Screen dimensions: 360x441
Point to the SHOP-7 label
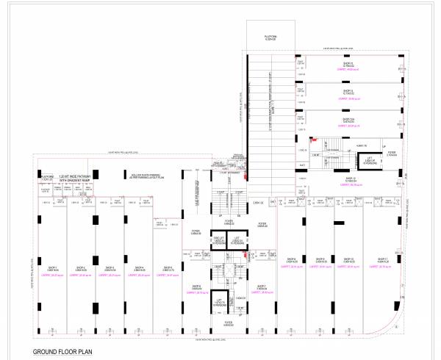point(261,287)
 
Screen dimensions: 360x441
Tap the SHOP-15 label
point(348,63)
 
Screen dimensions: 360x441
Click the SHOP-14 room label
point(348,91)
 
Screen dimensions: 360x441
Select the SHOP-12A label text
point(348,118)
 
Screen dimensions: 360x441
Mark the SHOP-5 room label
point(168,267)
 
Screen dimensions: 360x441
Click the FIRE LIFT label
point(218,239)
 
